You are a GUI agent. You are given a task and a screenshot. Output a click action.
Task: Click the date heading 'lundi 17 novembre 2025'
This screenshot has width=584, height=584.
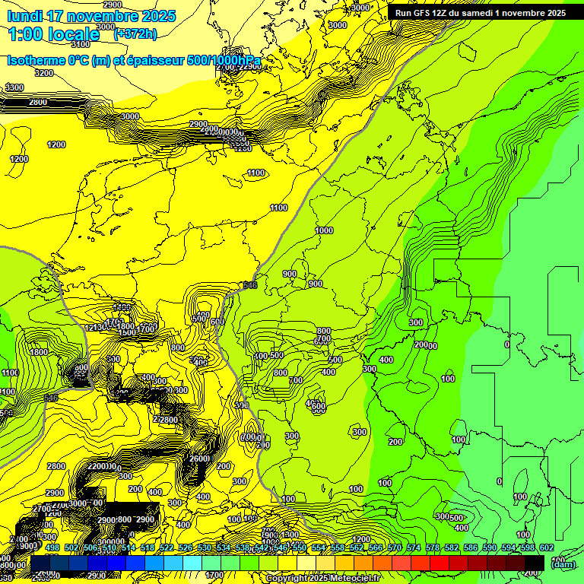pyautogui.click(x=91, y=16)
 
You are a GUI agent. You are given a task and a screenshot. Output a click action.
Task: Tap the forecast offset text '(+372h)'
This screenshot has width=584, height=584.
pyautogui.click(x=135, y=33)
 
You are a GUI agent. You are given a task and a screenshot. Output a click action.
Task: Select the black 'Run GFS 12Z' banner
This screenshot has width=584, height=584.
pyautogui.click(x=480, y=13)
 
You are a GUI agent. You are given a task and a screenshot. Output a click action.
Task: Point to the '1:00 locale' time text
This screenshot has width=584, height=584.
pyautogui.click(x=53, y=34)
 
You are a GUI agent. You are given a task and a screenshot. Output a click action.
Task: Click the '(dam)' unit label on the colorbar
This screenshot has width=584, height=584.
pyautogui.click(x=563, y=564)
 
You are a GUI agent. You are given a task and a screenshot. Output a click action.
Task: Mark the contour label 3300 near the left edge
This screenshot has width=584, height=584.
pyautogui.click(x=14, y=88)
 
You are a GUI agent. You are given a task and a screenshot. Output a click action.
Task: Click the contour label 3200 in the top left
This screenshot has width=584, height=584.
pyautogui.click(x=44, y=73)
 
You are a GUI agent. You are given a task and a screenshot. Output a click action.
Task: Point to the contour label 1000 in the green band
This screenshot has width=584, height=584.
pyautogui.click(x=324, y=230)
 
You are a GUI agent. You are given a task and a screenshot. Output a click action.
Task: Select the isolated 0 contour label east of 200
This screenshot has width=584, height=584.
pyautogui.click(x=507, y=344)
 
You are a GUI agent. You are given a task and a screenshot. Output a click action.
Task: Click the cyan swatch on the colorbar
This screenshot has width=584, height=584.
pyautogui.click(x=192, y=561)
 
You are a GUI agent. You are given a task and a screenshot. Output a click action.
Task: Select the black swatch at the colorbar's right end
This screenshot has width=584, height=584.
pyautogui.click(x=535, y=561)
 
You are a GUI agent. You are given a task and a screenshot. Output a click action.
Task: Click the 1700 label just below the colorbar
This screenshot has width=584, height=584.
pyautogui.click(x=214, y=575)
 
